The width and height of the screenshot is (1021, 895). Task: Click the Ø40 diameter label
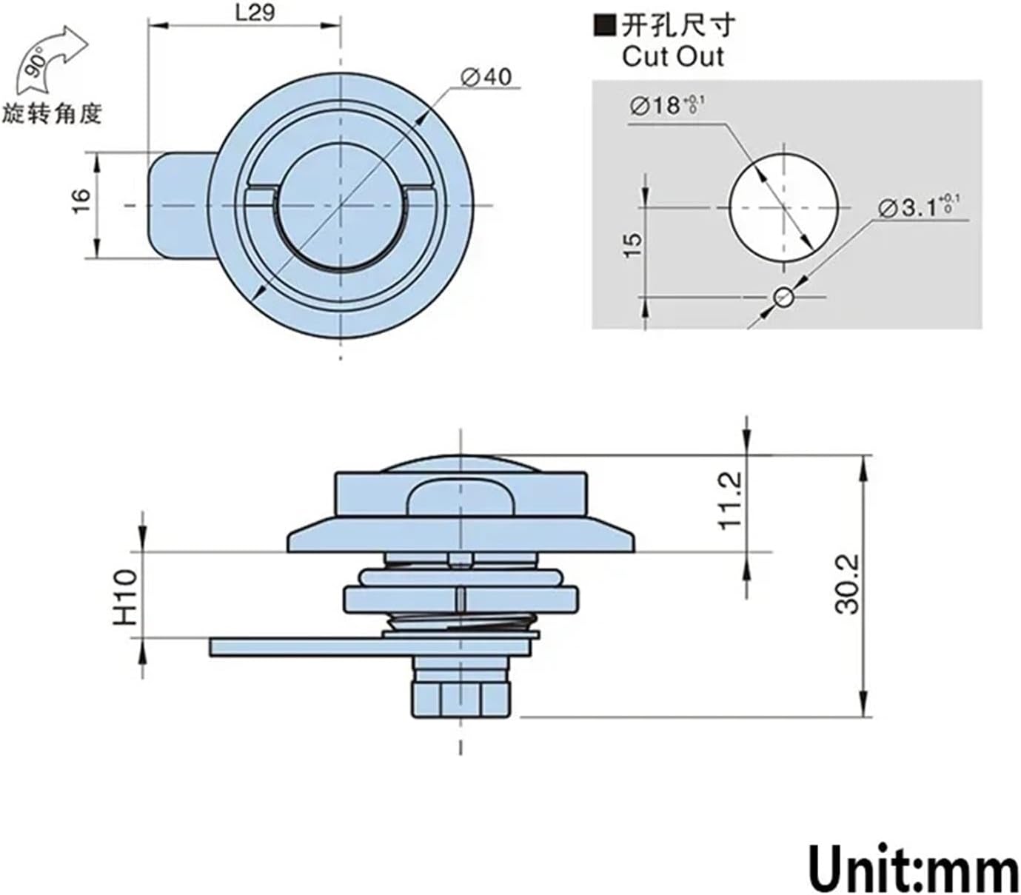click(x=486, y=76)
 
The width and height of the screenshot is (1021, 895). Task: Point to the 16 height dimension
click(x=81, y=200)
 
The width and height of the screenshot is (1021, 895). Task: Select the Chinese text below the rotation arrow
click(x=51, y=114)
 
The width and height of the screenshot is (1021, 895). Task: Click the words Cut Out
click(x=672, y=57)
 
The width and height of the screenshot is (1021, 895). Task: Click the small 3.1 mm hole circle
click(x=783, y=298)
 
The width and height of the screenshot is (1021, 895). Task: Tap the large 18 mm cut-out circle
click(x=784, y=207)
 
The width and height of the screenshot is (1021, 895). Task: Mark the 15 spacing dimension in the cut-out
click(x=634, y=244)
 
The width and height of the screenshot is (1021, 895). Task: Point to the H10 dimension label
click(x=126, y=597)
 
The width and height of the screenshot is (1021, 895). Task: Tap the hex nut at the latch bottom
click(x=461, y=699)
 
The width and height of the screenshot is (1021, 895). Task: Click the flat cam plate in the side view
click(x=296, y=647)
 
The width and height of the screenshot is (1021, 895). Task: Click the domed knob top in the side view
click(x=460, y=465)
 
